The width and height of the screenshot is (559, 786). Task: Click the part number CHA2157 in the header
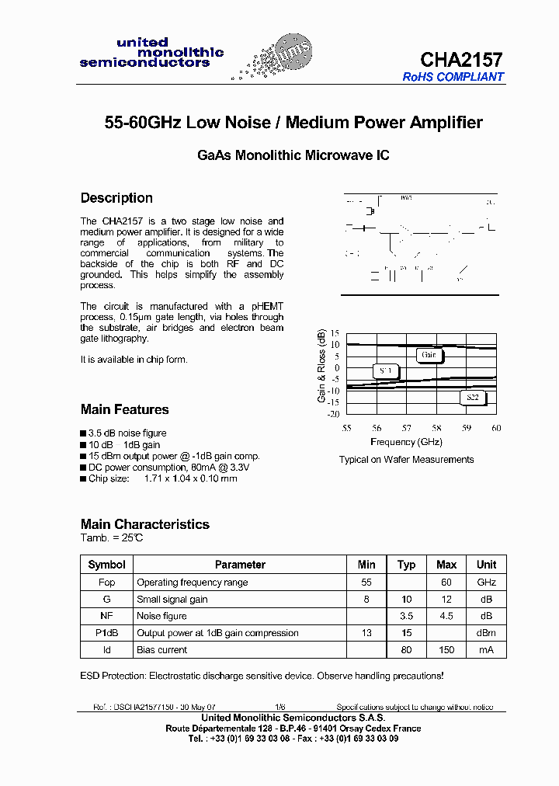pos(461,60)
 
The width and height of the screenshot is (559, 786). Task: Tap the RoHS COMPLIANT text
pos(453,77)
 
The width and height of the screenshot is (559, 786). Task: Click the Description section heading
pos(116,198)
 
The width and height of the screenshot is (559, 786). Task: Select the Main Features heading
pos(124,409)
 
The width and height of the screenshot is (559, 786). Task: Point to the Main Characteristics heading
pos(145,524)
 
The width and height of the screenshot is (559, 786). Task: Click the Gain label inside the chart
pos(429,355)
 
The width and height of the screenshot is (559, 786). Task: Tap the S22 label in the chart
pos(471,398)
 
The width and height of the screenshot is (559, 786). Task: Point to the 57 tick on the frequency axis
pos(406,428)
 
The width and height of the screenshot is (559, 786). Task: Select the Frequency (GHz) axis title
pos(406,442)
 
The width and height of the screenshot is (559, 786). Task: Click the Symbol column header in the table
pos(106,565)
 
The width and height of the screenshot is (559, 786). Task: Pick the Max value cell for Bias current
pos(446,650)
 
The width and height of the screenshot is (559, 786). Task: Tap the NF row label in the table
pos(106,616)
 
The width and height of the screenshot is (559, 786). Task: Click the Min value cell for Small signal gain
pos(366,599)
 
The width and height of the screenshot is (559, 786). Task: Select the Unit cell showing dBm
pos(486,633)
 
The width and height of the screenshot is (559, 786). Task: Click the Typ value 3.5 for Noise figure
pos(406,616)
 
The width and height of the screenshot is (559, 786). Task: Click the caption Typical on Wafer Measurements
pos(406,460)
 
